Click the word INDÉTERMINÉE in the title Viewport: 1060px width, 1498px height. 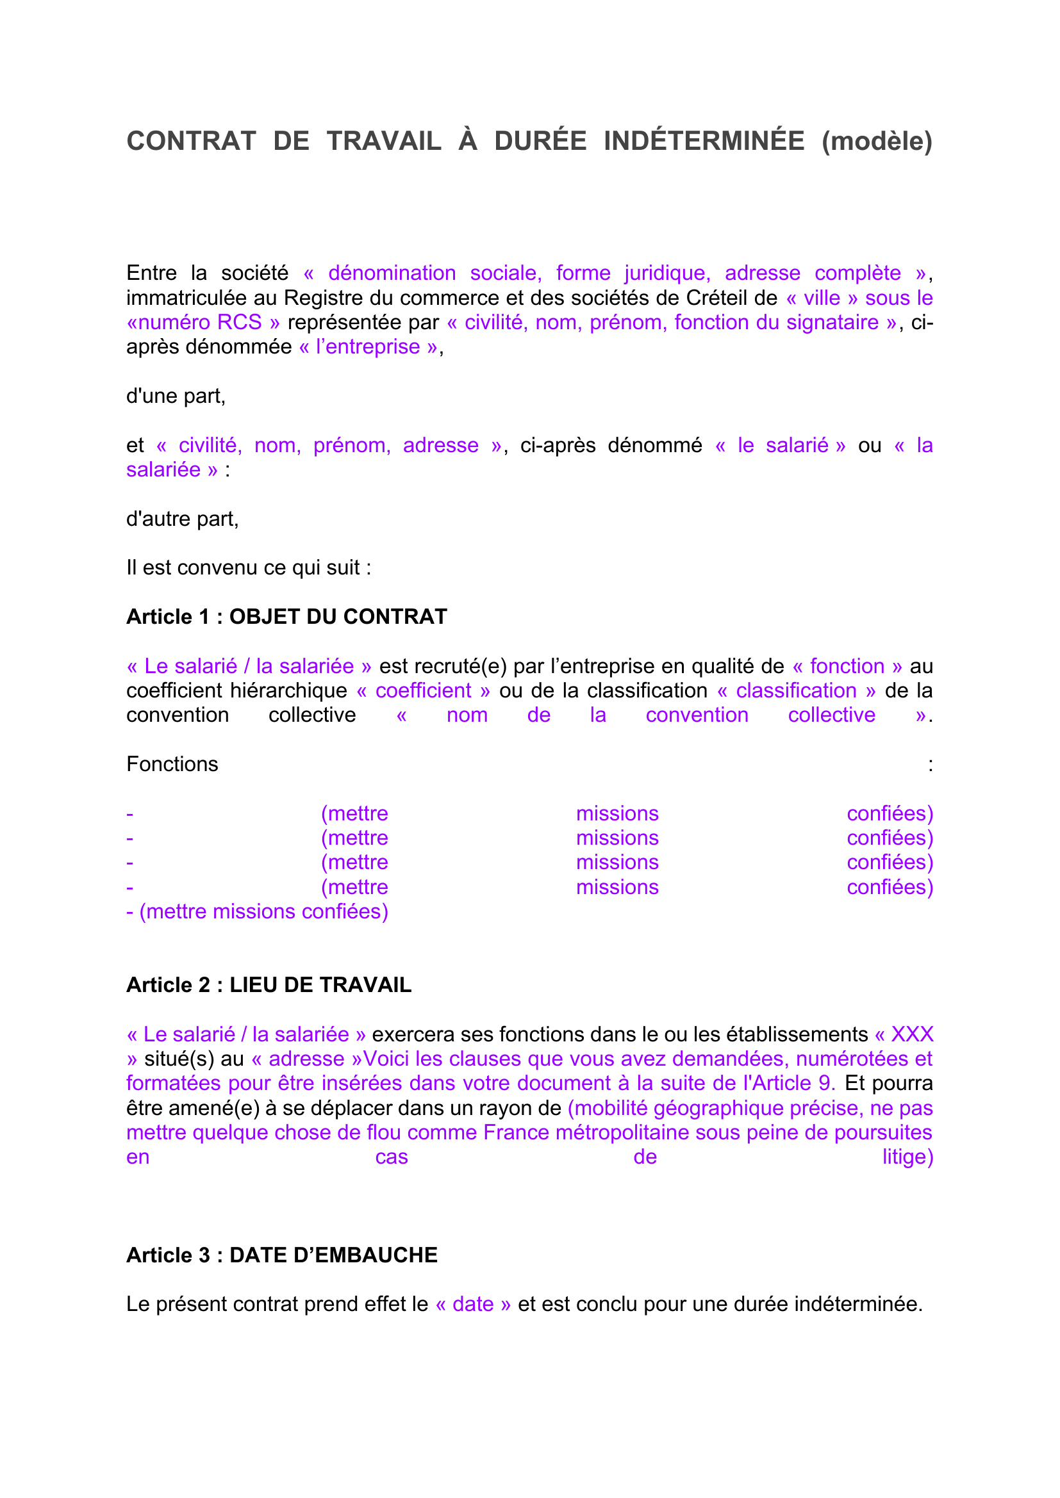click(x=704, y=142)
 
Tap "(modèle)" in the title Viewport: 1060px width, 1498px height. click(x=877, y=142)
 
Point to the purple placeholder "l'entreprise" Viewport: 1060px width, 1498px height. click(x=368, y=347)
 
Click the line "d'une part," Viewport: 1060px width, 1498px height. click(x=176, y=396)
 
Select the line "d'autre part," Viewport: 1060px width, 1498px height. click(x=182, y=519)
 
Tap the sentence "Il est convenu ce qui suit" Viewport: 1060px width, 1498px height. click(x=248, y=567)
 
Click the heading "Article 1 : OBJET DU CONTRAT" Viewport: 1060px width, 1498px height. click(x=286, y=617)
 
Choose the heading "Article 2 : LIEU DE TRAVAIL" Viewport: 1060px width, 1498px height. click(x=269, y=984)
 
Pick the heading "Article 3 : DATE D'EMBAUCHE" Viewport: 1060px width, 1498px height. click(x=282, y=1255)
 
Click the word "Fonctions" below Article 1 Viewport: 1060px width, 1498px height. click(x=172, y=764)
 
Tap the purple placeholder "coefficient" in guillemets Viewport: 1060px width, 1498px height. click(x=423, y=690)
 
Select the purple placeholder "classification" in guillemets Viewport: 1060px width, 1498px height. click(x=796, y=690)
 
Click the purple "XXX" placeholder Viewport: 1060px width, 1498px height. click(x=912, y=1034)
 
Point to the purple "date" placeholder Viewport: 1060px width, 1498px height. click(x=472, y=1303)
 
